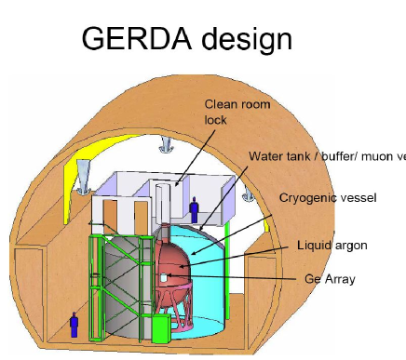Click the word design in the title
[x=245, y=38]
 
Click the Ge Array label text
[x=330, y=278]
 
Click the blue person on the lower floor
[x=74, y=324]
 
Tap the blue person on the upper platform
[x=194, y=209]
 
